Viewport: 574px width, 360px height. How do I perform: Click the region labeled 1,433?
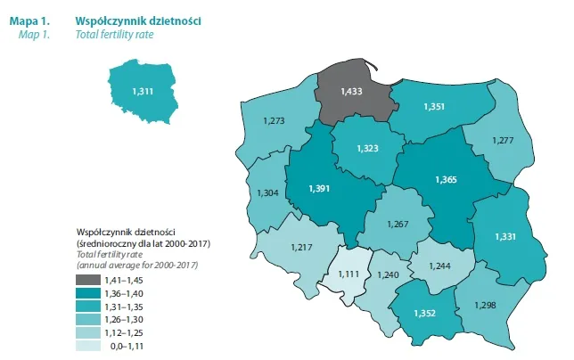[x=353, y=90]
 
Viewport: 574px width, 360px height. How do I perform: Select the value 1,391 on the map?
[x=320, y=189]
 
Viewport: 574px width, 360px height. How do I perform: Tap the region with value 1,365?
[x=446, y=180]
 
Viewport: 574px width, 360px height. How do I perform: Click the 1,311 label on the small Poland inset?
[x=143, y=91]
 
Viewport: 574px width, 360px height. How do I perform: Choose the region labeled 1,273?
[x=275, y=119]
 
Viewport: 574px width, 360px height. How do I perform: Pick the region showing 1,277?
[x=504, y=140]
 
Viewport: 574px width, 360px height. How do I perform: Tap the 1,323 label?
[x=367, y=148]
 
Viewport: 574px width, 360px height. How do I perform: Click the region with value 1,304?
[x=266, y=193]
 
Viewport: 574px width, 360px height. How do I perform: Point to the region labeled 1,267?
[x=400, y=224]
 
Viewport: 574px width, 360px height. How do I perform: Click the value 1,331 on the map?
[x=501, y=235]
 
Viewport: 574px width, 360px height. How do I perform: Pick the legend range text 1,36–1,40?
[x=126, y=294]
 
